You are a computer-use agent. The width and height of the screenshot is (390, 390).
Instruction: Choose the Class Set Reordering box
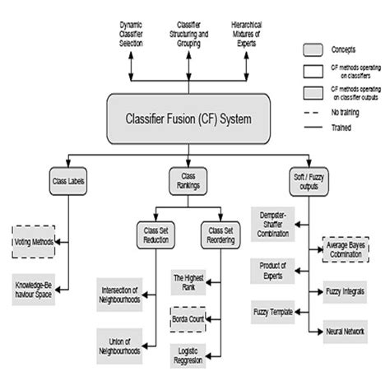(x=219, y=236)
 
